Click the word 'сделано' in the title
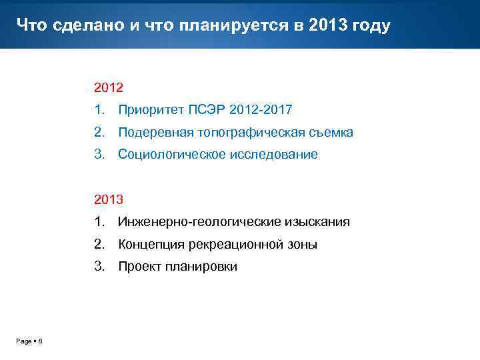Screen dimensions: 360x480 coord(75,25)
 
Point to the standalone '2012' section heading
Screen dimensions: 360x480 coord(109,87)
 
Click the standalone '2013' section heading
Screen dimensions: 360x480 coord(109,199)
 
